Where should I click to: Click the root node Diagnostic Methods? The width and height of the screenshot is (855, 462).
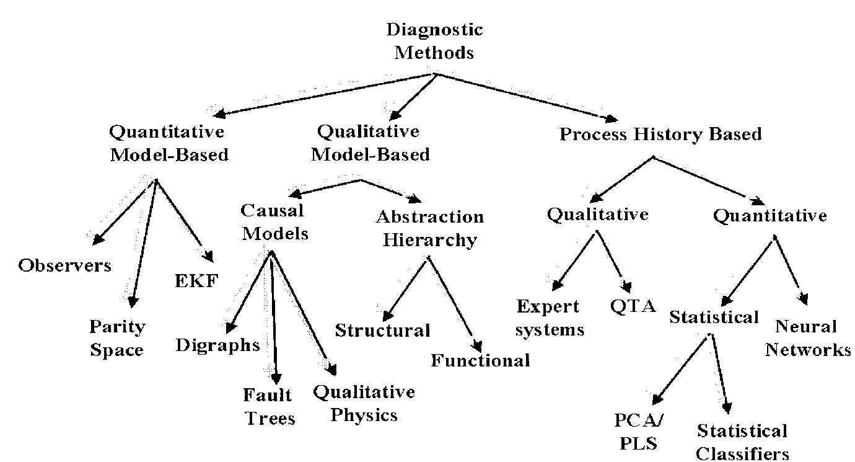434,41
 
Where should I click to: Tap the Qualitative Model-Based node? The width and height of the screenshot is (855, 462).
369,143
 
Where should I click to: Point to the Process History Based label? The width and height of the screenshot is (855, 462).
660,135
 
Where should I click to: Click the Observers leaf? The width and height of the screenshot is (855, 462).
64,265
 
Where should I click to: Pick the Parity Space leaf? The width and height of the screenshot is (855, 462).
116,338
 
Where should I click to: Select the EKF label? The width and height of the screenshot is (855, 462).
196,281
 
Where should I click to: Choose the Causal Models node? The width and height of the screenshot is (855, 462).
274,221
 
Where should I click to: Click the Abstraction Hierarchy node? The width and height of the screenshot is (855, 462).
429,228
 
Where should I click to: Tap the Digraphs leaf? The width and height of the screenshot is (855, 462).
217,345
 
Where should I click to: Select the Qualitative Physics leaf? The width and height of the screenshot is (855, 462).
364,403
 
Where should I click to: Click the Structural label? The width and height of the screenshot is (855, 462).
382,331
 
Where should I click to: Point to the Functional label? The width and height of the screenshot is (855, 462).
480,360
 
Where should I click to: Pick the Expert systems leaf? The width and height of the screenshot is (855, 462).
549,318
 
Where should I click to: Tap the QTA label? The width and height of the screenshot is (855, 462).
633,307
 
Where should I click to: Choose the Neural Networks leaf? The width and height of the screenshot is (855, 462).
807,338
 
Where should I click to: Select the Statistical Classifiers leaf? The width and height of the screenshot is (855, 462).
742,442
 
